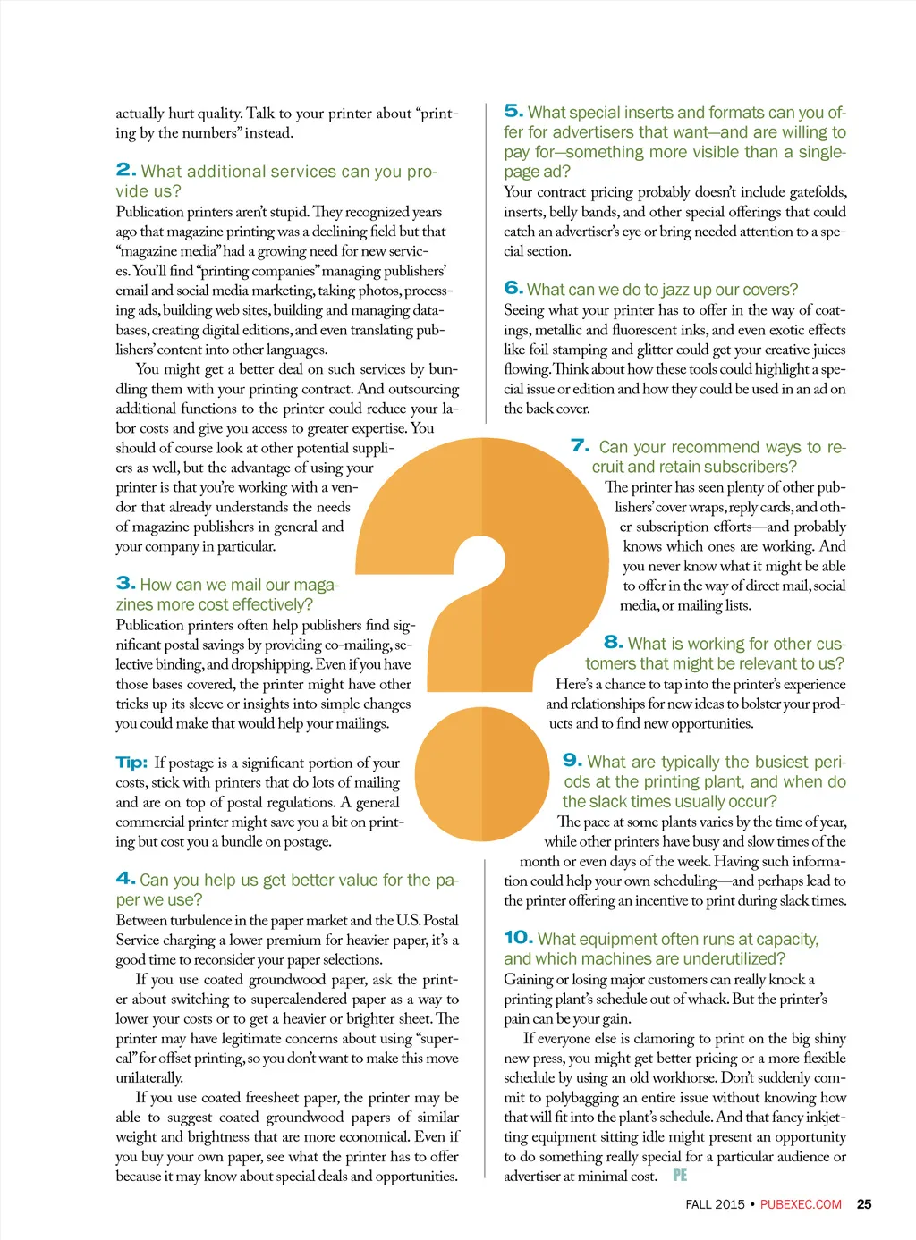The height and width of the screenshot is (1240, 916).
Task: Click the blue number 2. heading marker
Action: click(126, 170)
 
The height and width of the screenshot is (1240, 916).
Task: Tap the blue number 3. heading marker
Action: click(126, 584)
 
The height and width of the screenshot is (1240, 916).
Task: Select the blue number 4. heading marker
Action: click(126, 879)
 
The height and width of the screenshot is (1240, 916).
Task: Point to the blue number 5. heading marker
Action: click(513, 111)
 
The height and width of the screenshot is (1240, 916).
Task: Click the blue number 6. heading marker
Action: click(513, 288)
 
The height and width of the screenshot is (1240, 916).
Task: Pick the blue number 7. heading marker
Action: click(581, 445)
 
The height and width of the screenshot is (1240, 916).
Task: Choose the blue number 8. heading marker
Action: click(614, 642)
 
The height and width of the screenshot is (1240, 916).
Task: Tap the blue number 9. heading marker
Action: click(572, 760)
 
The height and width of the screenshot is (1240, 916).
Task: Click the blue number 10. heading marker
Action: click(519, 937)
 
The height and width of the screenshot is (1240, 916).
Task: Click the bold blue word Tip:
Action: click(131, 763)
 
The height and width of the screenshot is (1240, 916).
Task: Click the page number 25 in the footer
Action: click(864, 1204)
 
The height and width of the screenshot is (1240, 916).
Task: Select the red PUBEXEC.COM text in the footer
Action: click(801, 1204)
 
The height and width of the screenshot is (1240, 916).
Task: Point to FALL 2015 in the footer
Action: click(715, 1204)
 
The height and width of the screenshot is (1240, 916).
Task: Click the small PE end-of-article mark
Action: click(680, 1176)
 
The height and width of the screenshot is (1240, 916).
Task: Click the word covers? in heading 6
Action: click(767, 290)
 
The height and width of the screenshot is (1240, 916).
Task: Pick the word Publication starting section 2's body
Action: click(149, 212)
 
